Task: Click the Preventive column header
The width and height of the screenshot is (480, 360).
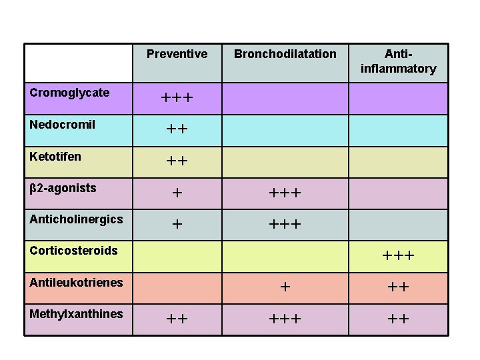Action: tap(177, 54)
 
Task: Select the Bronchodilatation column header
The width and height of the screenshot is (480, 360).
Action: tap(285, 54)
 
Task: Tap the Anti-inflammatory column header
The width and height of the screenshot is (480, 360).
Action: tap(398, 61)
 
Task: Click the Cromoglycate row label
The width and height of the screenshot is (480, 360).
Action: tap(69, 93)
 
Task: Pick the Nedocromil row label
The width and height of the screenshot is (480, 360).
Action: tap(63, 125)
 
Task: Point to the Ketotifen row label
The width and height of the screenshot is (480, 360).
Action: tap(55, 157)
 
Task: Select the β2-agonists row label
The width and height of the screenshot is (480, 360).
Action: tap(63, 188)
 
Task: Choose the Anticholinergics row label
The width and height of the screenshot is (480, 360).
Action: tap(76, 219)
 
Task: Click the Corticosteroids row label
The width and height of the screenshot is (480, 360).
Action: tap(73, 251)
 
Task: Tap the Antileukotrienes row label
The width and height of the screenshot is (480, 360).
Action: tap(76, 283)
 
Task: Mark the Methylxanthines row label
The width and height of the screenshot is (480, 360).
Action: tap(76, 314)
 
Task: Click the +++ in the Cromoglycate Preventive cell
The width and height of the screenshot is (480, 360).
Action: tap(177, 99)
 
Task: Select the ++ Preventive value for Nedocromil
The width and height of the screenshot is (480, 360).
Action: tap(177, 130)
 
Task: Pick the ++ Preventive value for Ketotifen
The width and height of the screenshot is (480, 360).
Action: tap(177, 161)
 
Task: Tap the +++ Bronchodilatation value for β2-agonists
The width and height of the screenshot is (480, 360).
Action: tap(285, 193)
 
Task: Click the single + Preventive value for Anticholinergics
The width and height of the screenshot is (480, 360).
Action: tap(177, 225)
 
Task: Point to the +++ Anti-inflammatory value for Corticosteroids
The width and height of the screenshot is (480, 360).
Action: tap(398, 256)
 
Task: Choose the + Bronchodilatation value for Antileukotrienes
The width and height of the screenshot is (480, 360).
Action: tap(285, 287)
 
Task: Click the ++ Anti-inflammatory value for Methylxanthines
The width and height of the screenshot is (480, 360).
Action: tap(398, 319)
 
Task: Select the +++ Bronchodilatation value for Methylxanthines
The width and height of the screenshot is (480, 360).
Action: tap(285, 319)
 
